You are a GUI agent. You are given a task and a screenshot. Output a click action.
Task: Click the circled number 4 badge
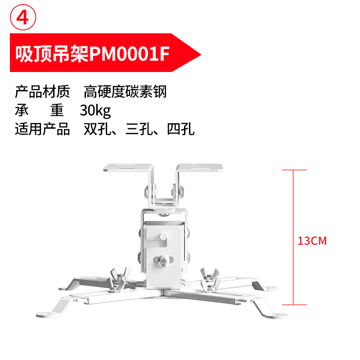(23, 17)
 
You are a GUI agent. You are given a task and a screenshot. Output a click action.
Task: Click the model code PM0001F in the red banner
(130, 54)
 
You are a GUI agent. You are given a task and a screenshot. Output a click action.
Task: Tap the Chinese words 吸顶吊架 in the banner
(52, 54)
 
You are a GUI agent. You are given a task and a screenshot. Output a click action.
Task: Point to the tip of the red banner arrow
(201, 54)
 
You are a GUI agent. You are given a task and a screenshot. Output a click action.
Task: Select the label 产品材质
(42, 92)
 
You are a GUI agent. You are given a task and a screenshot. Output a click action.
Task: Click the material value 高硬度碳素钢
(125, 92)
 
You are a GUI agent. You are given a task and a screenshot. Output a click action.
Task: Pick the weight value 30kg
(95, 111)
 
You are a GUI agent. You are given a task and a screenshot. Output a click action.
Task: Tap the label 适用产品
(42, 129)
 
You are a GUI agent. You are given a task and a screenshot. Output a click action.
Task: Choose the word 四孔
(181, 129)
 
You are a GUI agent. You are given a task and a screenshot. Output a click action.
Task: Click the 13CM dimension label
(312, 241)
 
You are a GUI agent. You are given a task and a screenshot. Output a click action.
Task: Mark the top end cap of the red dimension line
(294, 170)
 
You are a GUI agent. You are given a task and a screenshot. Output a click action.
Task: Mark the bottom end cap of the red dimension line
(294, 305)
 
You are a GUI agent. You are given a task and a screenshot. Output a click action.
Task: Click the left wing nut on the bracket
(119, 279)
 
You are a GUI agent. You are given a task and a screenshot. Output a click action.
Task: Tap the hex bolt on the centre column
(163, 261)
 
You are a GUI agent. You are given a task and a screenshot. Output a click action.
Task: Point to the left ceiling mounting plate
(128, 168)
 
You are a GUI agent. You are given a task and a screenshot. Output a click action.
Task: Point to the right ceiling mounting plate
(199, 167)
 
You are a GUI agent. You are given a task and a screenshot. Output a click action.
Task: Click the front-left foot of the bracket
(47, 315)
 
